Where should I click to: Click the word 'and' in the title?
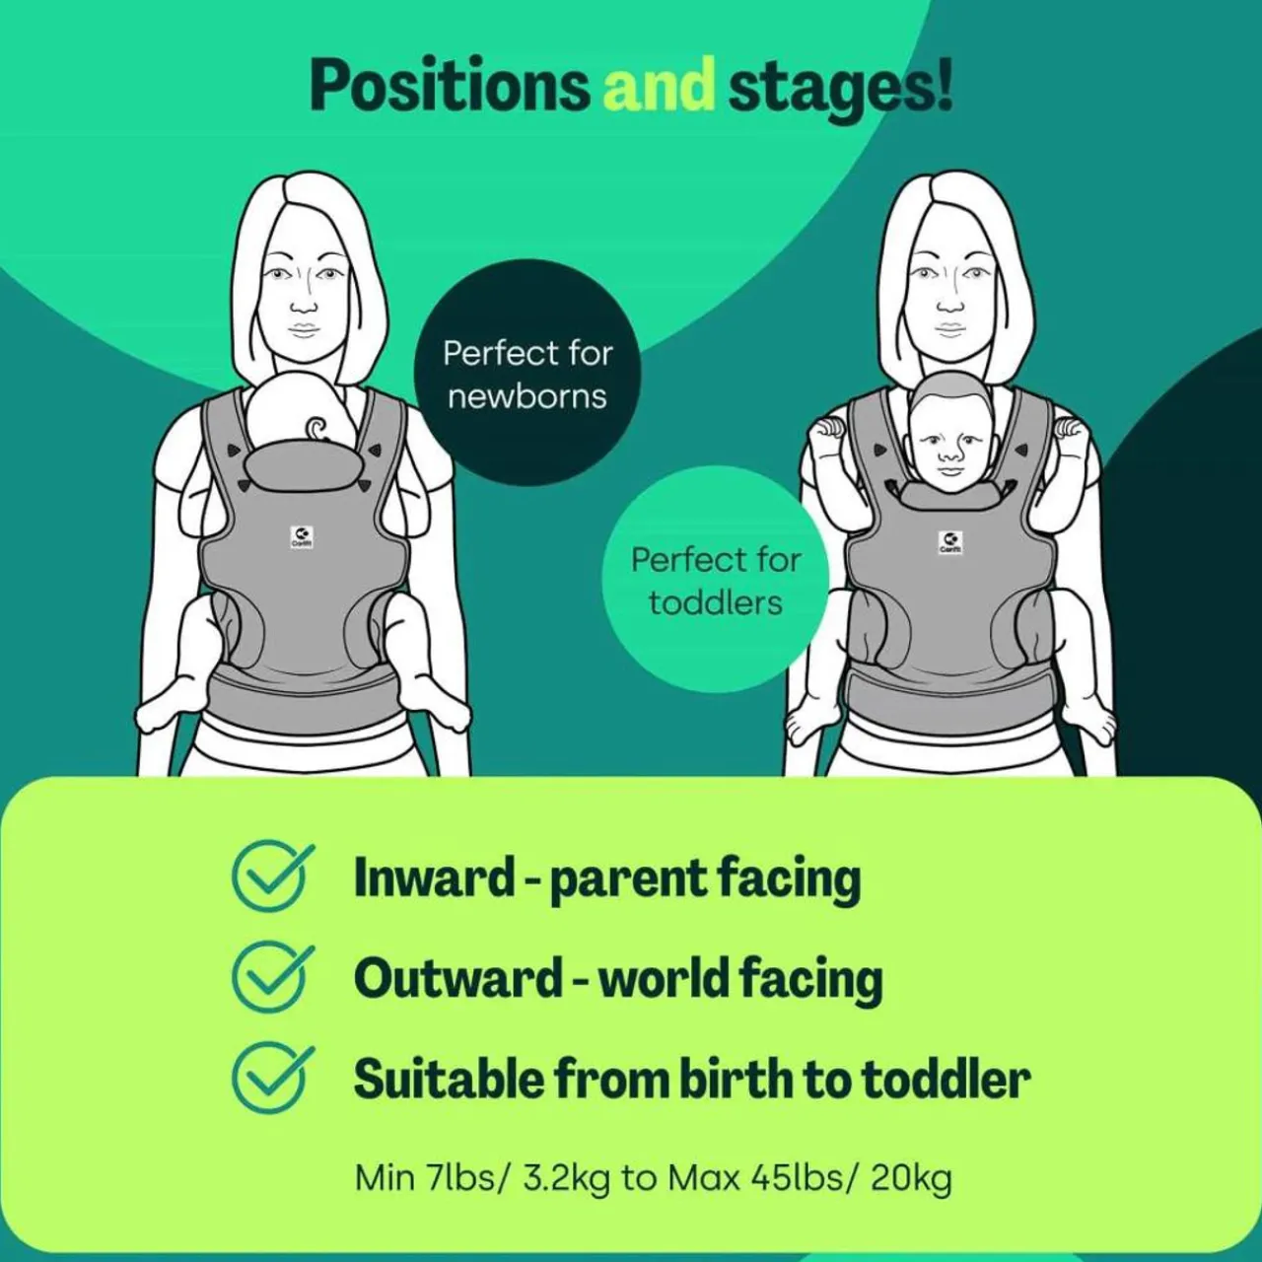coord(658,85)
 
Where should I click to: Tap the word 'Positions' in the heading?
coord(449,87)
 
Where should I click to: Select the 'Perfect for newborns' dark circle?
coord(527,374)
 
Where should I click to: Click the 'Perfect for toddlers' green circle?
coord(715,581)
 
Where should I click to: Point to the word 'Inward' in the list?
coord(434,876)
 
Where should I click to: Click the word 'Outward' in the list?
coord(457,978)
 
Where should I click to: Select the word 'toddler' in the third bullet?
coord(946,1079)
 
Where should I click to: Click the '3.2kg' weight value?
coord(566,1178)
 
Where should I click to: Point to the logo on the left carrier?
coord(302,537)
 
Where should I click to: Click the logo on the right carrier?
coord(949,542)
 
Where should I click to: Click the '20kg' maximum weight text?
coord(911,1178)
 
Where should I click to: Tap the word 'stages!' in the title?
coord(840,87)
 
